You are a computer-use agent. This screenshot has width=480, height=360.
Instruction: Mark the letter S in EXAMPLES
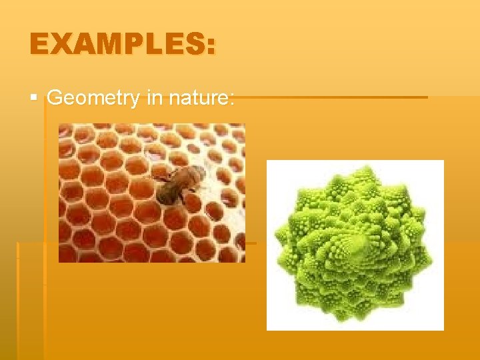click(194, 45)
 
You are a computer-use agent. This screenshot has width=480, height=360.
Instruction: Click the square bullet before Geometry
click(34, 98)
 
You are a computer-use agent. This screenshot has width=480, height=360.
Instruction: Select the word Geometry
click(93, 99)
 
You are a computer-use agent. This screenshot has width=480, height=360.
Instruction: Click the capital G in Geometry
click(55, 98)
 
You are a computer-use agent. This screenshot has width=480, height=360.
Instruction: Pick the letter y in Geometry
click(136, 101)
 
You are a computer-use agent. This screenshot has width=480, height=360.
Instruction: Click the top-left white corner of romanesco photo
click(271, 164)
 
